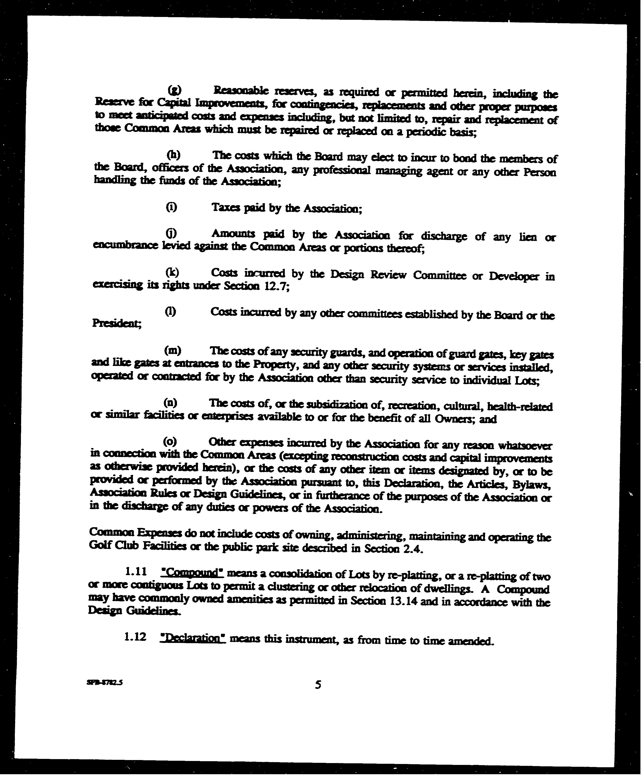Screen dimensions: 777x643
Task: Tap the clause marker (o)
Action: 170,441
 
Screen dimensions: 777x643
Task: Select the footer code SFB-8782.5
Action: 105,683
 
